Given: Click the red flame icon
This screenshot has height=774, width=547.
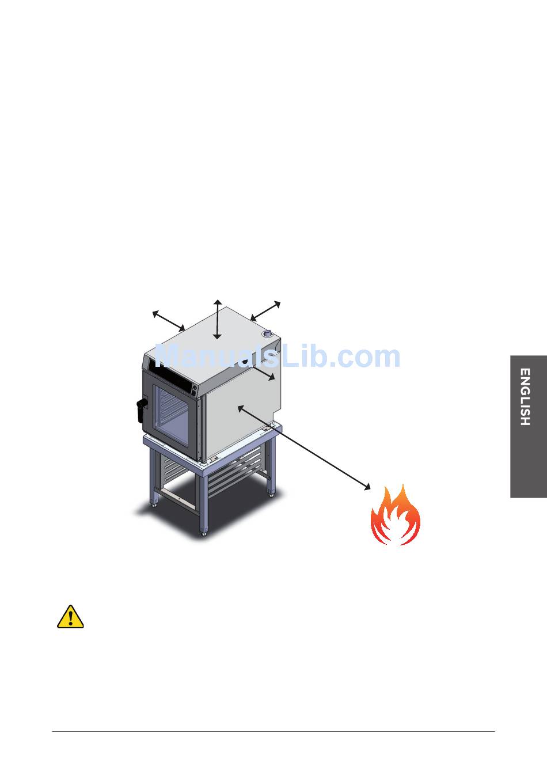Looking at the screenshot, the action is point(395,515).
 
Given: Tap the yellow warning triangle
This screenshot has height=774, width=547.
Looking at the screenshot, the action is point(70,617).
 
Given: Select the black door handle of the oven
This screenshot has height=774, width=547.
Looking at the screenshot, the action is point(140,409).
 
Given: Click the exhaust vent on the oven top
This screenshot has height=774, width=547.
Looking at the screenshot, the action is point(268,333).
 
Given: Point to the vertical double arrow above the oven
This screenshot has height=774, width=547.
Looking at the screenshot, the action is point(217,320).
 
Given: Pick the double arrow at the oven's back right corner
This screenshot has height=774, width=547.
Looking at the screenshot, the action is point(265,310).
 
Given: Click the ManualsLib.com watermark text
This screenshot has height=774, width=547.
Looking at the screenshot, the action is point(278,357).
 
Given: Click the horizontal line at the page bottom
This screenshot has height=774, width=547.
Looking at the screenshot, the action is point(273,732).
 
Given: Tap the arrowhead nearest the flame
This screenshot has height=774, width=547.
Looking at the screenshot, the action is point(367,488).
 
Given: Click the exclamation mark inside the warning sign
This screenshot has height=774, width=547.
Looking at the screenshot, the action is point(70,619).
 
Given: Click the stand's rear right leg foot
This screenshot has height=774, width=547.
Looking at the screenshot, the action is point(271,494).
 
